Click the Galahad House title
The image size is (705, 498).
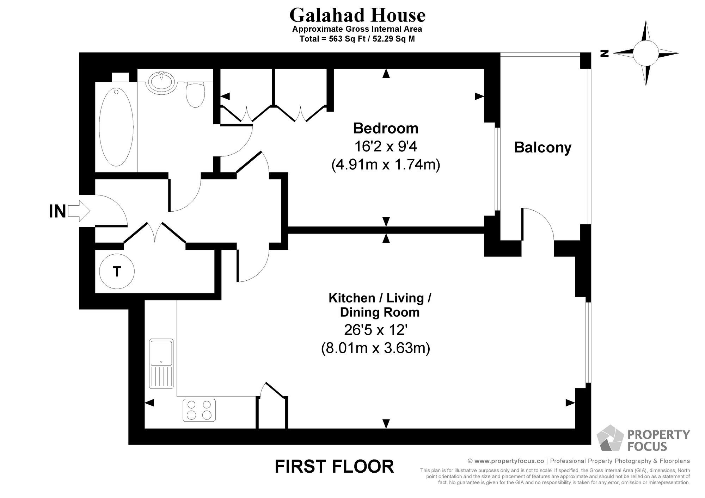[357, 15]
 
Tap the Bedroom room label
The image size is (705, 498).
[386, 129]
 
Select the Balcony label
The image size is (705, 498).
[542, 148]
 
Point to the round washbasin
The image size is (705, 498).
[161, 82]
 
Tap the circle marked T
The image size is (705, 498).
[117, 272]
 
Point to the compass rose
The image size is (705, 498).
[645, 53]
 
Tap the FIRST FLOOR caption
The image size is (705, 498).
[334, 467]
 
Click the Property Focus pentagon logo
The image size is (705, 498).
[609, 438]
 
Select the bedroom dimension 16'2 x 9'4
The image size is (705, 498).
[386, 147]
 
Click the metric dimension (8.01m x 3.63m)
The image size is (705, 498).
[375, 348]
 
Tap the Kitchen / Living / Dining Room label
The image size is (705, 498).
[380, 305]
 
